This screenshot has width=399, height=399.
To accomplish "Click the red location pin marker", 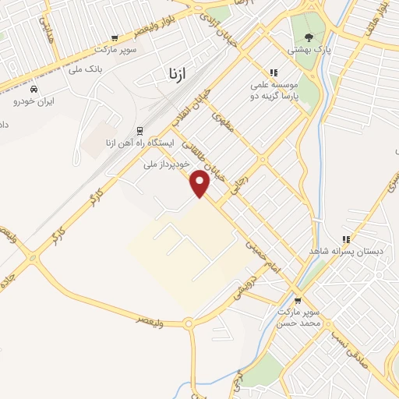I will point(201,183).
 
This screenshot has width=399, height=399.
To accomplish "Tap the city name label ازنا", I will point(176,75).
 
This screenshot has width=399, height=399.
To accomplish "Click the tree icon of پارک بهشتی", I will point(309,37).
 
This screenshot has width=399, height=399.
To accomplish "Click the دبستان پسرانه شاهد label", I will point(345,252).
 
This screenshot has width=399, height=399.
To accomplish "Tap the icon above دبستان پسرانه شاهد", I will point(346,239).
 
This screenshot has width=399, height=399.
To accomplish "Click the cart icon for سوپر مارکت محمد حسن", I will point(297,300).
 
